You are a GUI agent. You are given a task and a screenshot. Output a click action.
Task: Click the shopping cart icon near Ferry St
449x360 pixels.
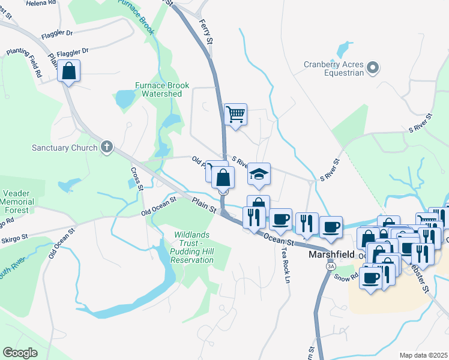coord(235,113)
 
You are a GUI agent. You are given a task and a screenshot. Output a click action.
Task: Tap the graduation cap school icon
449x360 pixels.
coord(259,174)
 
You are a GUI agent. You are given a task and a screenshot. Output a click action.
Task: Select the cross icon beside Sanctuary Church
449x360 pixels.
coord(107,147)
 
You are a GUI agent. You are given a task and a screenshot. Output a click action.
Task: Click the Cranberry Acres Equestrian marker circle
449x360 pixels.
coord(373,68)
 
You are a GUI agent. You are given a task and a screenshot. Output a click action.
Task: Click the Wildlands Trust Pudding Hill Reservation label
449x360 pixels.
coord(193,247)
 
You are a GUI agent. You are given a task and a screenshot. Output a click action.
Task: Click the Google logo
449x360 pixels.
coord(20,353)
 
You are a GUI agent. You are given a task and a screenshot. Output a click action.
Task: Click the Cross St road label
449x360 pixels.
coord(135,179)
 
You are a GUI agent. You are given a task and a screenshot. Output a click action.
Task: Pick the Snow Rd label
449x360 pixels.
coord(346,278)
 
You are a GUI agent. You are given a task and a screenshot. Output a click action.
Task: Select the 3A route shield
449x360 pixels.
coord(330,266)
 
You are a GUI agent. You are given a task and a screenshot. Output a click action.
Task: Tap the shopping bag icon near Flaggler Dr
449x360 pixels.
coord(69,71)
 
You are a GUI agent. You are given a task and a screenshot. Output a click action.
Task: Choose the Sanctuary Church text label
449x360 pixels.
coord(65,148)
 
